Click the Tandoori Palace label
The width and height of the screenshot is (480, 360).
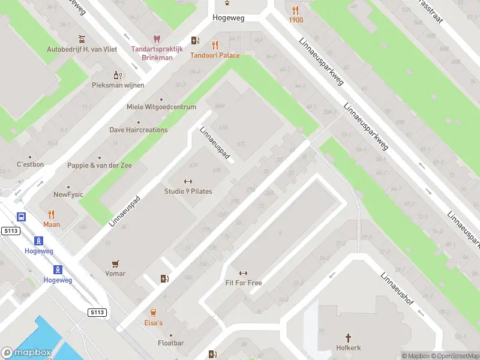tap(215, 56)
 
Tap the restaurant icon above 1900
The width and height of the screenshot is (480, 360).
tap(295, 10)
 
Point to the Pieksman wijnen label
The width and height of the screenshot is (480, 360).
tap(118, 85)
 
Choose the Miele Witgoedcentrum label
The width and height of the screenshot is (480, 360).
tap(161, 107)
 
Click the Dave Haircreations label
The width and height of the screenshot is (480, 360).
tap(139, 130)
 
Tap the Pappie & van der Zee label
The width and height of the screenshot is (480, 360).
tap(100, 165)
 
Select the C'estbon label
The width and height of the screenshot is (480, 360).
tap(30, 164)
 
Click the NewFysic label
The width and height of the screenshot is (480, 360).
tap(68, 194)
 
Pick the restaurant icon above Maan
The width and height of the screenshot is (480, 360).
tap(52, 214)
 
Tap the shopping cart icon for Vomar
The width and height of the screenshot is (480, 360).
tap(115, 263)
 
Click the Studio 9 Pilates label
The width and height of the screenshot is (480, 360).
tap(188, 191)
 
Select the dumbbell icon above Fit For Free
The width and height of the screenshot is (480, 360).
tap(243, 273)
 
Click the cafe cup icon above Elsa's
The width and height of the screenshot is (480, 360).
tap(153, 313)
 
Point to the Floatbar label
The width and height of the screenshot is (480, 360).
tap(170, 343)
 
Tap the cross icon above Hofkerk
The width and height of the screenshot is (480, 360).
tap(348, 338)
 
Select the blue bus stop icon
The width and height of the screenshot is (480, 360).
tap(22, 217)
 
